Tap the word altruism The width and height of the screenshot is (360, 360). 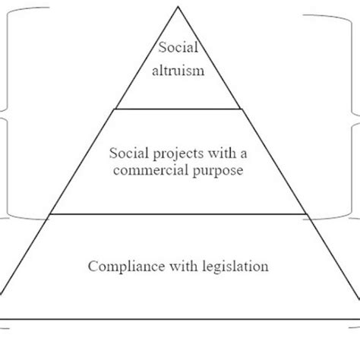coord(178,74)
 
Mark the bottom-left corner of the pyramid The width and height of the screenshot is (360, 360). coord(2,319)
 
